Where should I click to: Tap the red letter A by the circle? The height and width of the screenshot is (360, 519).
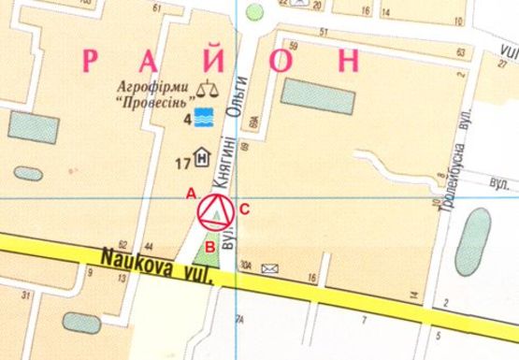coord(191,194)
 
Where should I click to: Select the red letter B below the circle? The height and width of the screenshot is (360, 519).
coord(210,247)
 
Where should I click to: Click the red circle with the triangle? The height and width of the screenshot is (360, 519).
coord(215,213)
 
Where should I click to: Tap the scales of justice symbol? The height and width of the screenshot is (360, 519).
coord(206,91)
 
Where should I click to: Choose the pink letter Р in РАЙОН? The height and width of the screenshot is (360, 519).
coord(92,60)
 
